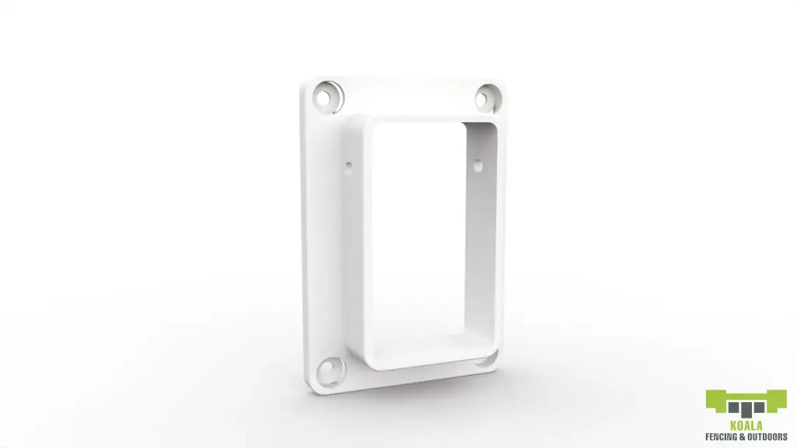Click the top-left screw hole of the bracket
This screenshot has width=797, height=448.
click(x=322, y=97)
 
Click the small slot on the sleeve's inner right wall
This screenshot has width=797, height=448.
click(x=478, y=165)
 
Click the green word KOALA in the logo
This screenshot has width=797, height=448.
click(x=746, y=425)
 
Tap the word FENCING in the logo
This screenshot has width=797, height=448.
click(x=722, y=437)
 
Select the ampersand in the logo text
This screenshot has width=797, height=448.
click(x=746, y=437)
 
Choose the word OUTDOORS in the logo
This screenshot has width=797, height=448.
click(x=769, y=437)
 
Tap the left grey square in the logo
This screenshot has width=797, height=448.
click(x=734, y=407)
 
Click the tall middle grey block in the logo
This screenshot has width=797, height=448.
click(x=746, y=410)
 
